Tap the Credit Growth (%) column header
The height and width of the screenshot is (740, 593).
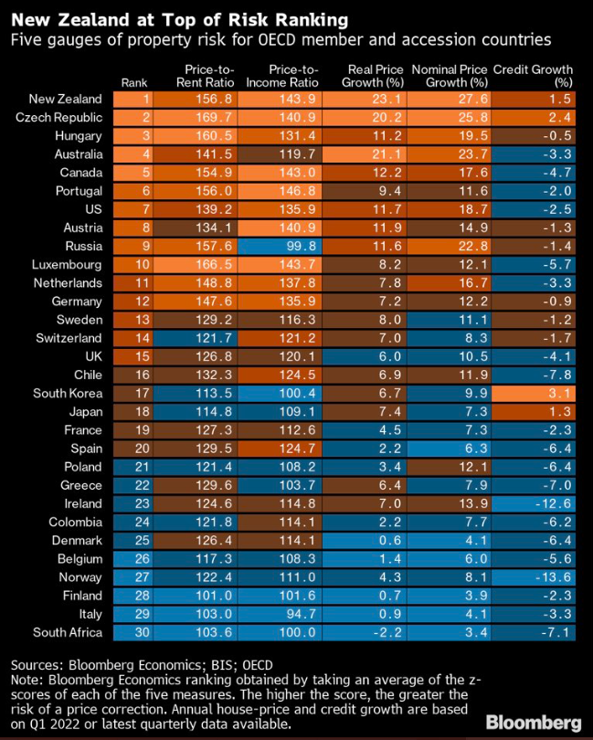[x=533, y=76]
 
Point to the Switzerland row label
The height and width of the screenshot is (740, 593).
[x=66, y=338]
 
